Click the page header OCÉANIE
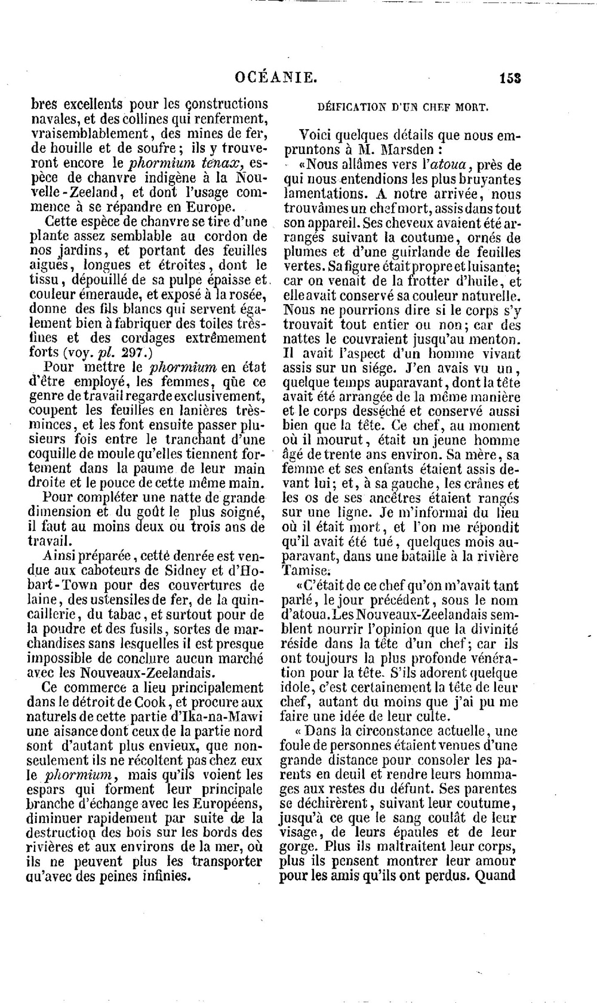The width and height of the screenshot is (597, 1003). pos(275,77)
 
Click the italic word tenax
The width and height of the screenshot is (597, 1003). pos(220,163)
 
